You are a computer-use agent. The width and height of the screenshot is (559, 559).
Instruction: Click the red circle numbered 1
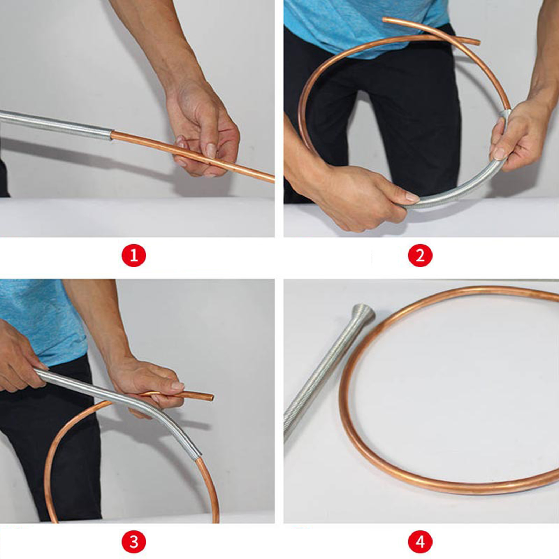pyautogui.click(x=134, y=255)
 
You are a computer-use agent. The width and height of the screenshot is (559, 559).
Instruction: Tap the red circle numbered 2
pyautogui.click(x=420, y=255)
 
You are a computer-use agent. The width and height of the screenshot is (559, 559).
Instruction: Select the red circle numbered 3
pyautogui.click(x=134, y=542)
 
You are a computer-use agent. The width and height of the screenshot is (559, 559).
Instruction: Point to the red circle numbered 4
pyautogui.click(x=420, y=542)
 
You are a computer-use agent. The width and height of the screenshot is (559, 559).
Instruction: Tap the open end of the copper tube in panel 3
pyautogui.click(x=211, y=397)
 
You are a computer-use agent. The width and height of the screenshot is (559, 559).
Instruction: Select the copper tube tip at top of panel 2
pyautogui.click(x=385, y=20)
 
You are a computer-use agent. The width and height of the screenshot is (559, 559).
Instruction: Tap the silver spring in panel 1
pyautogui.click(x=56, y=125)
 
